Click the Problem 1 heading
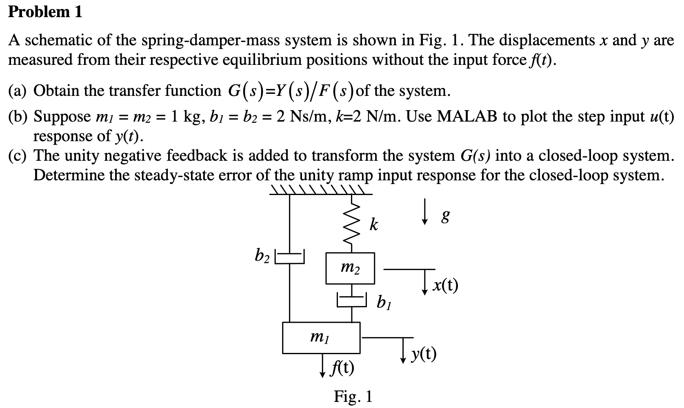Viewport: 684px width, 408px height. (x=45, y=12)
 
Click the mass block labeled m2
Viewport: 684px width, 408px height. (x=350, y=268)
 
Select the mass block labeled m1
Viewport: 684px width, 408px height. (x=321, y=338)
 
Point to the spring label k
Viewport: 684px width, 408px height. (x=373, y=225)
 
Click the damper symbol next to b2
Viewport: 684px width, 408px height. (x=290, y=257)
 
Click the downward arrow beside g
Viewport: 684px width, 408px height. (x=425, y=212)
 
